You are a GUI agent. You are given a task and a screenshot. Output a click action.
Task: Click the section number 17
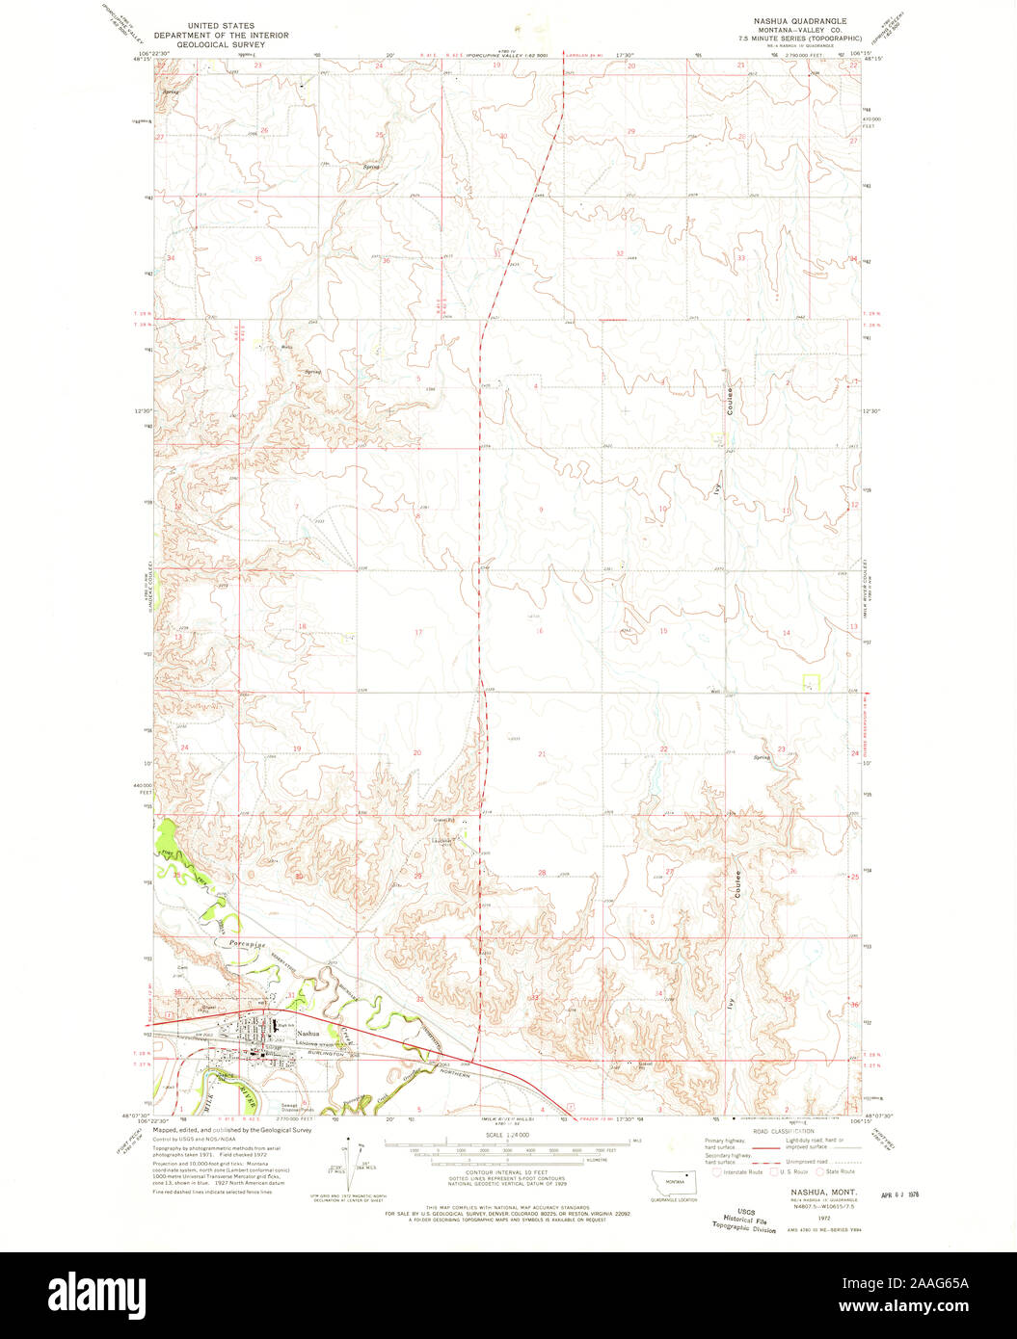click(x=418, y=632)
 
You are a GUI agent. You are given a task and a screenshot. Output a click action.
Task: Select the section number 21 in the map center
click(x=542, y=753)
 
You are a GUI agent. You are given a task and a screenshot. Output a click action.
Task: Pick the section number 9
click(x=540, y=510)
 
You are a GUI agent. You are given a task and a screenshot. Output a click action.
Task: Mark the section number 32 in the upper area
click(x=619, y=253)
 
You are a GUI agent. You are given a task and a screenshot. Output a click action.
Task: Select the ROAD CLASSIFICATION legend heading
click(x=784, y=1131)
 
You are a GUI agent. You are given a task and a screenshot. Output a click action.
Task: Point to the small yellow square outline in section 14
click(x=812, y=681)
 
